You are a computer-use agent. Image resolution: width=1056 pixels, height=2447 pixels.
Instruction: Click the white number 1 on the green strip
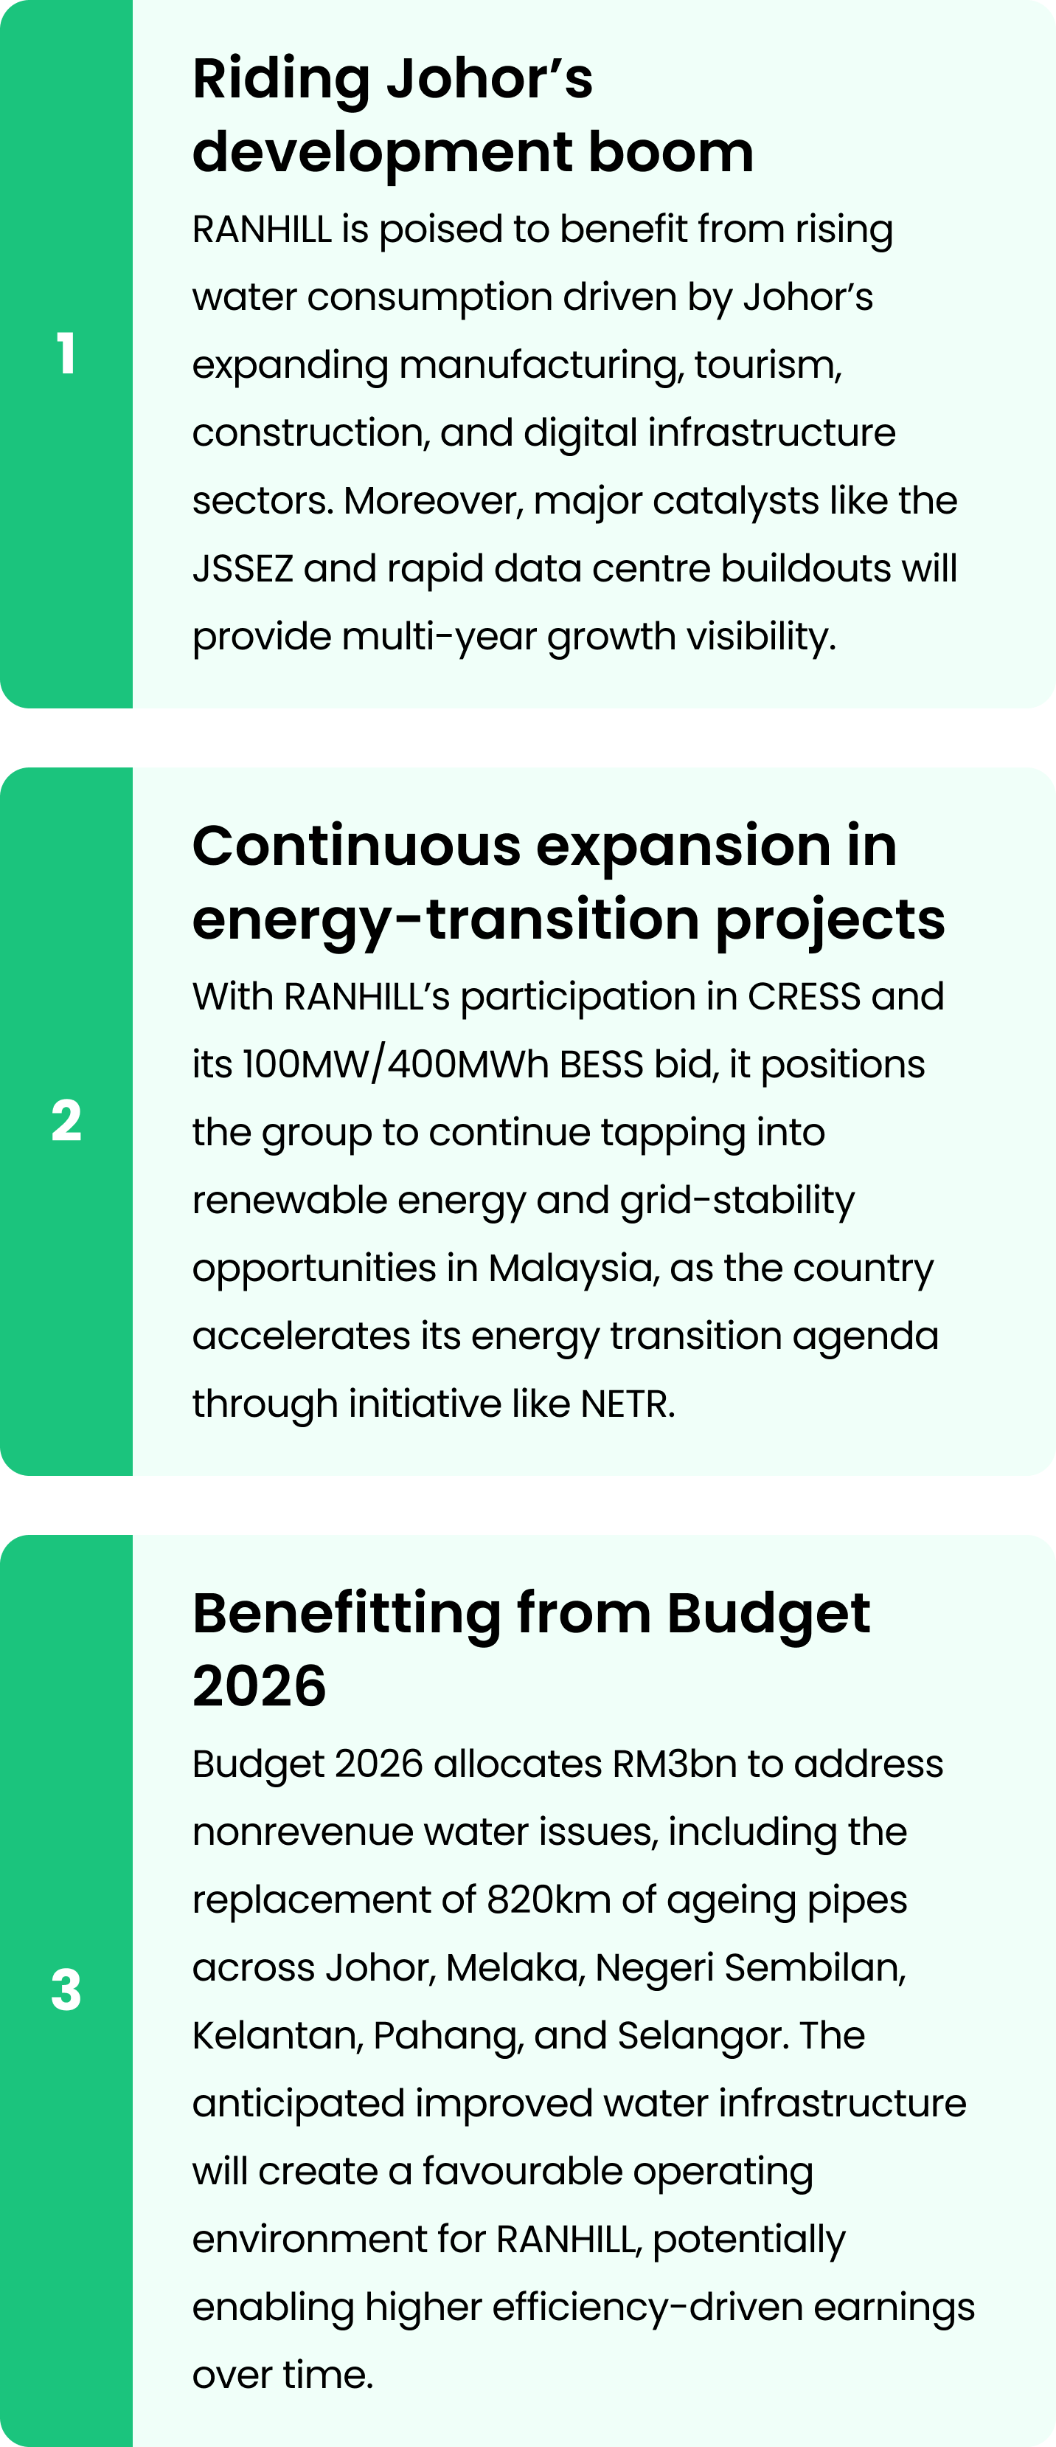point(66,353)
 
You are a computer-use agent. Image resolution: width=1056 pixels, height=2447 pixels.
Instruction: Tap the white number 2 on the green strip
point(66,1120)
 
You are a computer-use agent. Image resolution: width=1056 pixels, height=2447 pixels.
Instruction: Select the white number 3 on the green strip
point(66,1990)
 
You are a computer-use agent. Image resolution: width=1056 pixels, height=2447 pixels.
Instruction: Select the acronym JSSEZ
point(243,568)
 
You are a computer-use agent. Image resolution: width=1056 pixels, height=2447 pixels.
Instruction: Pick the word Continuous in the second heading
point(357,846)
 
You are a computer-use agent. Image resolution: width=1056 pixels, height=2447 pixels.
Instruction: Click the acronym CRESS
point(805,996)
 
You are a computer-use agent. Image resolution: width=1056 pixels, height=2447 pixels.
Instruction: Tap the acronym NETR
point(628,1404)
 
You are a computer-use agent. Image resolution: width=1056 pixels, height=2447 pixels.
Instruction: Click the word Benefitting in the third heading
point(347,1615)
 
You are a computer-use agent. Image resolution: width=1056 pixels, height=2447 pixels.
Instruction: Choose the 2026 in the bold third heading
point(260,1686)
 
